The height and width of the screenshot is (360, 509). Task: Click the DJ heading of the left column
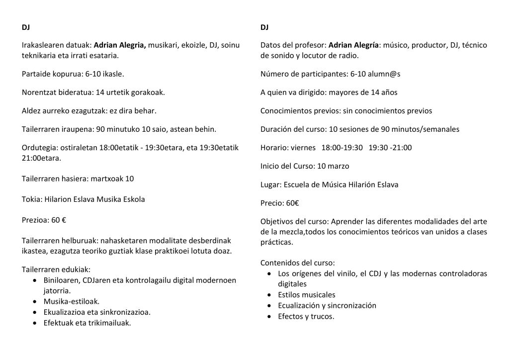26,27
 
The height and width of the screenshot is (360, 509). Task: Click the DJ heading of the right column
264,27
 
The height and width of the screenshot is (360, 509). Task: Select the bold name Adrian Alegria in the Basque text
120,45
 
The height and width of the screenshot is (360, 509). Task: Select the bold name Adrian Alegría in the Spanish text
354,45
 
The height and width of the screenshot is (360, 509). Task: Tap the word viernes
304,148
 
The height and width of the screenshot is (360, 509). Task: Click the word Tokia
31,200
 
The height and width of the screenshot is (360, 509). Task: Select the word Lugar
270,184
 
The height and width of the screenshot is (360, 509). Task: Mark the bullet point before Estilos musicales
269,295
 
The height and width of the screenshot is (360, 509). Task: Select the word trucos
324,316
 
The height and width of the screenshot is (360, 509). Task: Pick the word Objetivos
277,221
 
